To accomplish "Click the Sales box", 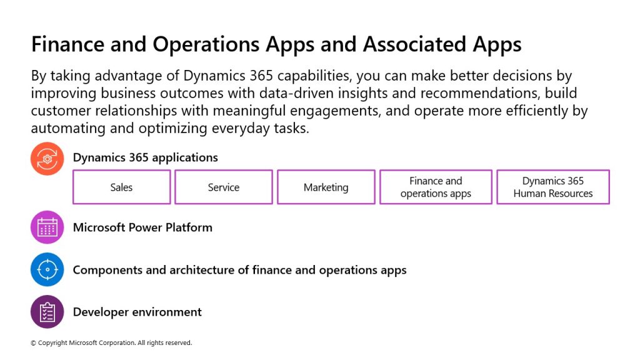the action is (x=122, y=187).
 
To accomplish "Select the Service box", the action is (x=224, y=187).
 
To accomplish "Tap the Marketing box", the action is (x=326, y=187).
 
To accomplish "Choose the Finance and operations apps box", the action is (x=436, y=187).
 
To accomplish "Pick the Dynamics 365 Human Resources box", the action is (x=553, y=187).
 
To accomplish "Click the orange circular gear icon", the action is (x=47, y=159).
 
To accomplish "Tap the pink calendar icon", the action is (x=47, y=227).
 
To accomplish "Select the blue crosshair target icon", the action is (x=47, y=269).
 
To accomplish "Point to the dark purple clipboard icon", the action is (x=47, y=312).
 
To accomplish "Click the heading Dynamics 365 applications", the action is (x=145, y=157).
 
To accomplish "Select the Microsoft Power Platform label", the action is (x=142, y=227).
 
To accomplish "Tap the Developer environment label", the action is (x=137, y=312).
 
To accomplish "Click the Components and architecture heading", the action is (x=239, y=270).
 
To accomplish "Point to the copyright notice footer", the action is (x=111, y=343).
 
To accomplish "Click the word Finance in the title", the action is (x=67, y=44).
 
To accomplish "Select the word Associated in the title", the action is (x=415, y=44).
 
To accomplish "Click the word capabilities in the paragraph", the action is (x=314, y=76).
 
